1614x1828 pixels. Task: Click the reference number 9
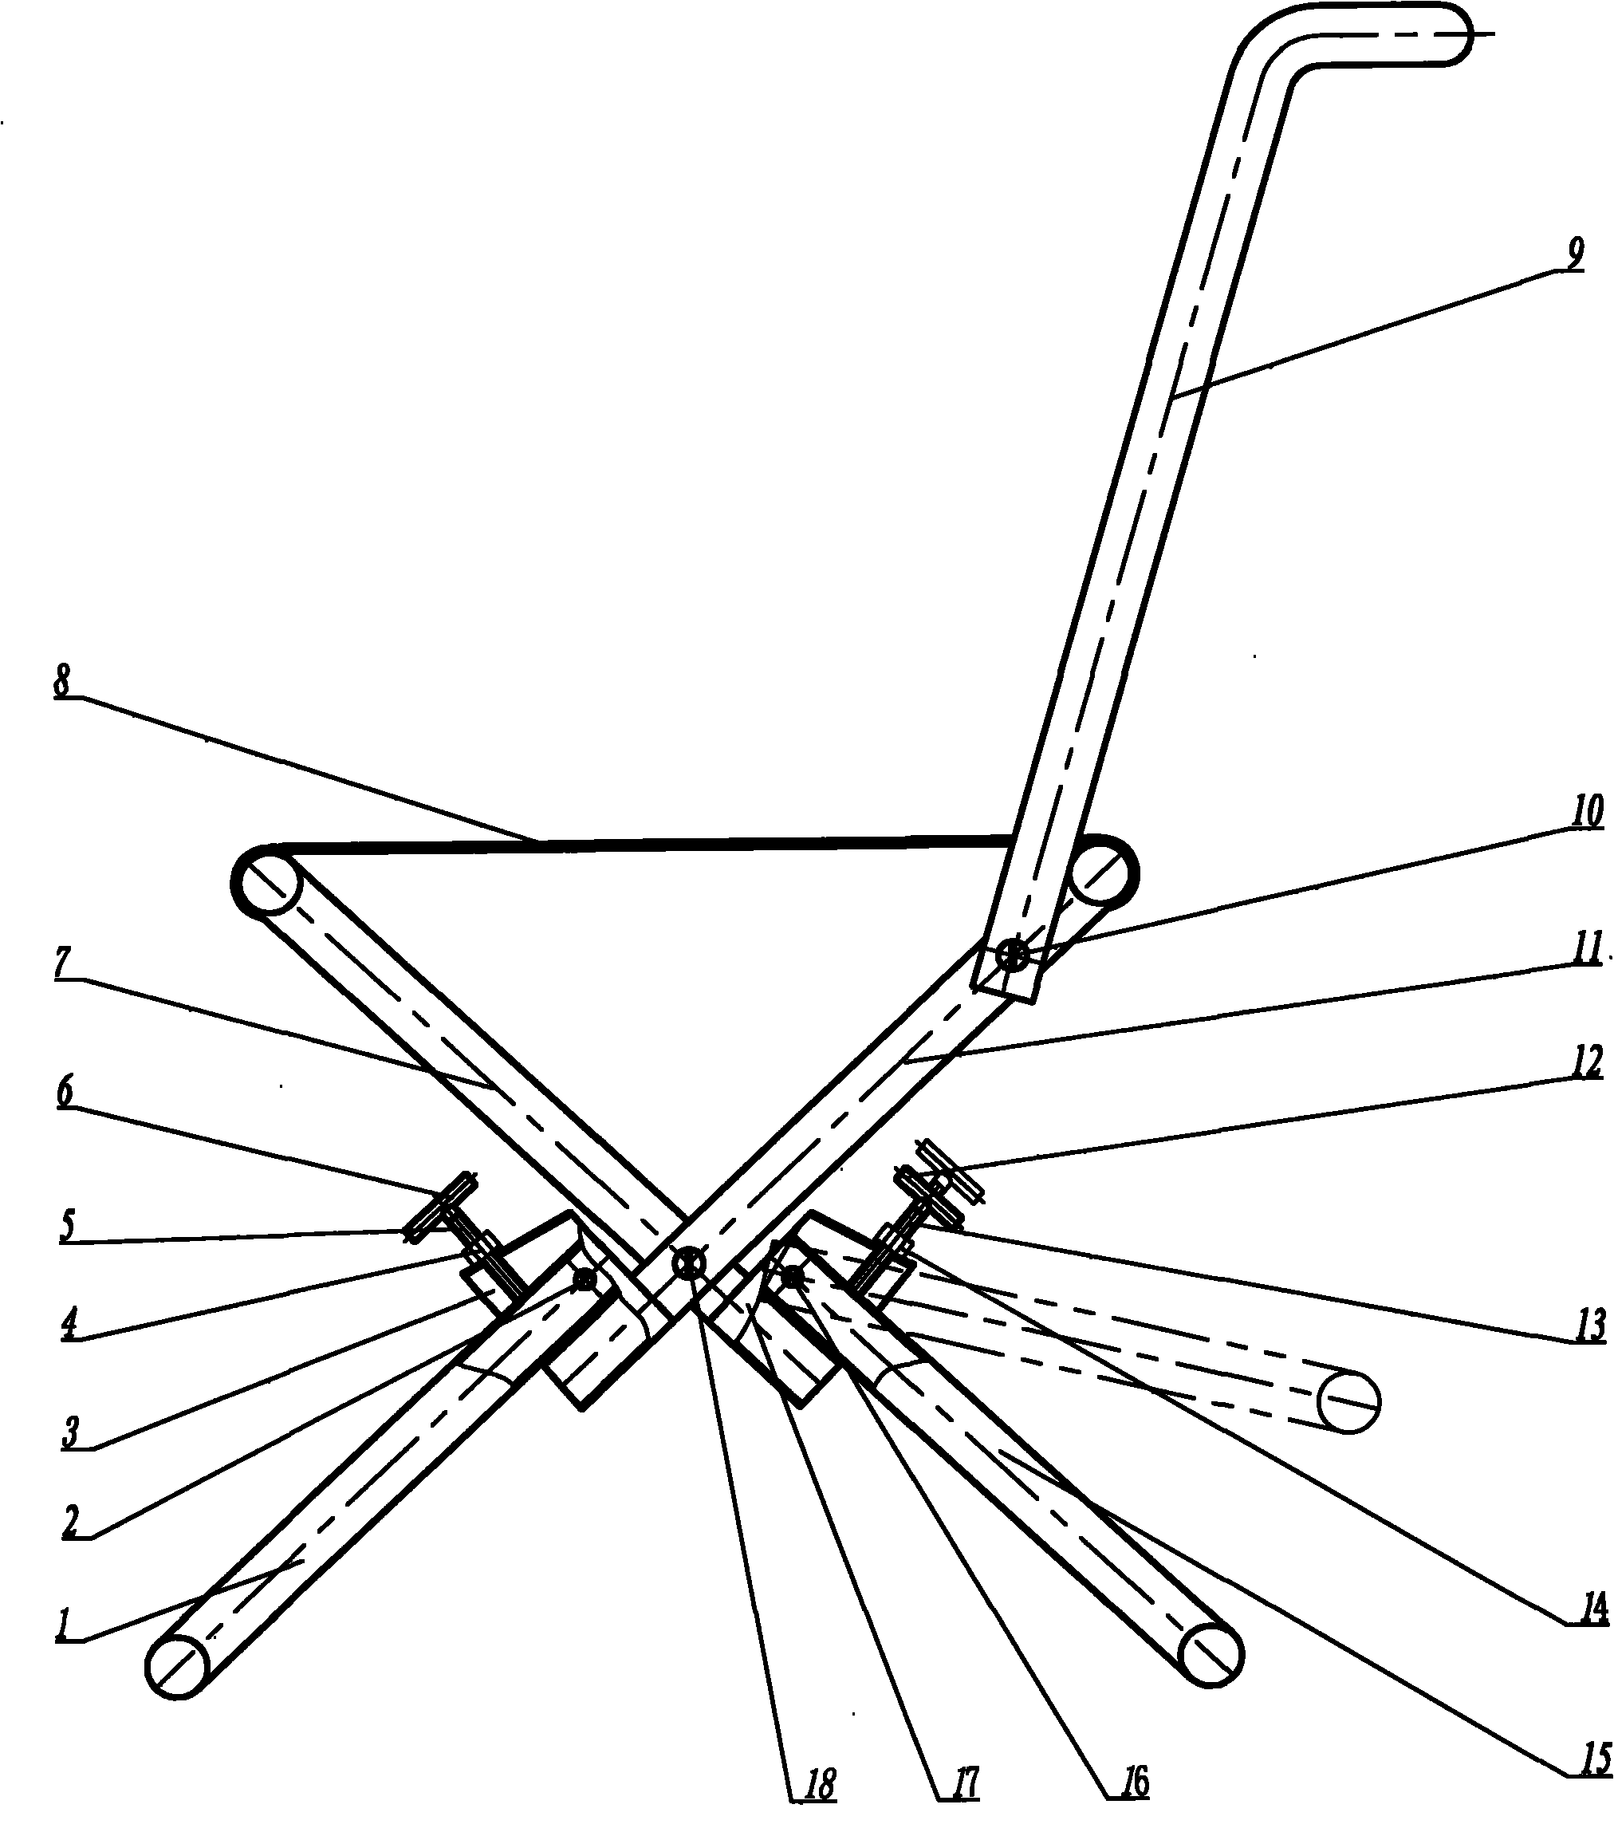click(1575, 253)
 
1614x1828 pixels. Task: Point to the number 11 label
click(1587, 949)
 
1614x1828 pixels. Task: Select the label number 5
click(67, 1226)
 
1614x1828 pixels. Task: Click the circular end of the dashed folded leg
click(1350, 1401)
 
